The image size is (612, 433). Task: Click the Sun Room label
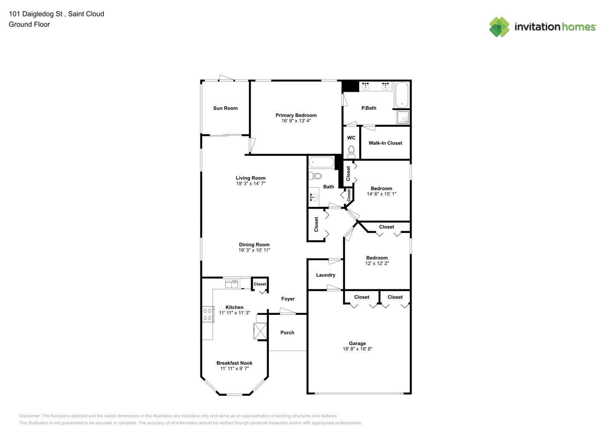pos(225,108)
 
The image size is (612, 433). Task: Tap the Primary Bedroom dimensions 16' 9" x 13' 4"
pos(296,121)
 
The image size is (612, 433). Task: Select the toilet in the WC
pos(351,152)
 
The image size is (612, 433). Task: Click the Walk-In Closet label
pos(385,143)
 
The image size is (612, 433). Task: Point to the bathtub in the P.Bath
pos(402,95)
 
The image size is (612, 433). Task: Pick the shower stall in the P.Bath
pos(403,117)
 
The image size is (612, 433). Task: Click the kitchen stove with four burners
pos(208,314)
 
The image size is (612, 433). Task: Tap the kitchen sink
pos(232,284)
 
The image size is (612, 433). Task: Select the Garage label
pos(358,344)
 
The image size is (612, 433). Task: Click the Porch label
pos(287,333)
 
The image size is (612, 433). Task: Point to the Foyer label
pos(288,299)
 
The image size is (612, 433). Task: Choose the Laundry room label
pos(325,275)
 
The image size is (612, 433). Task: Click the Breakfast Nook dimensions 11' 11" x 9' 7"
pos(235,368)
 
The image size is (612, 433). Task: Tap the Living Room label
pos(251,178)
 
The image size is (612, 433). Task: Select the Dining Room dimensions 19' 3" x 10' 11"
pos(254,250)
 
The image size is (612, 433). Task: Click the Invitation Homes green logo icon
pos(499,27)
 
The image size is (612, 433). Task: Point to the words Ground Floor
pos(29,24)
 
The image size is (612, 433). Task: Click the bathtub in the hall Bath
pos(321,162)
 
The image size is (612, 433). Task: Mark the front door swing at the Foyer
pos(287,311)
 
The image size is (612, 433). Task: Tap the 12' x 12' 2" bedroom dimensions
pos(377,263)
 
